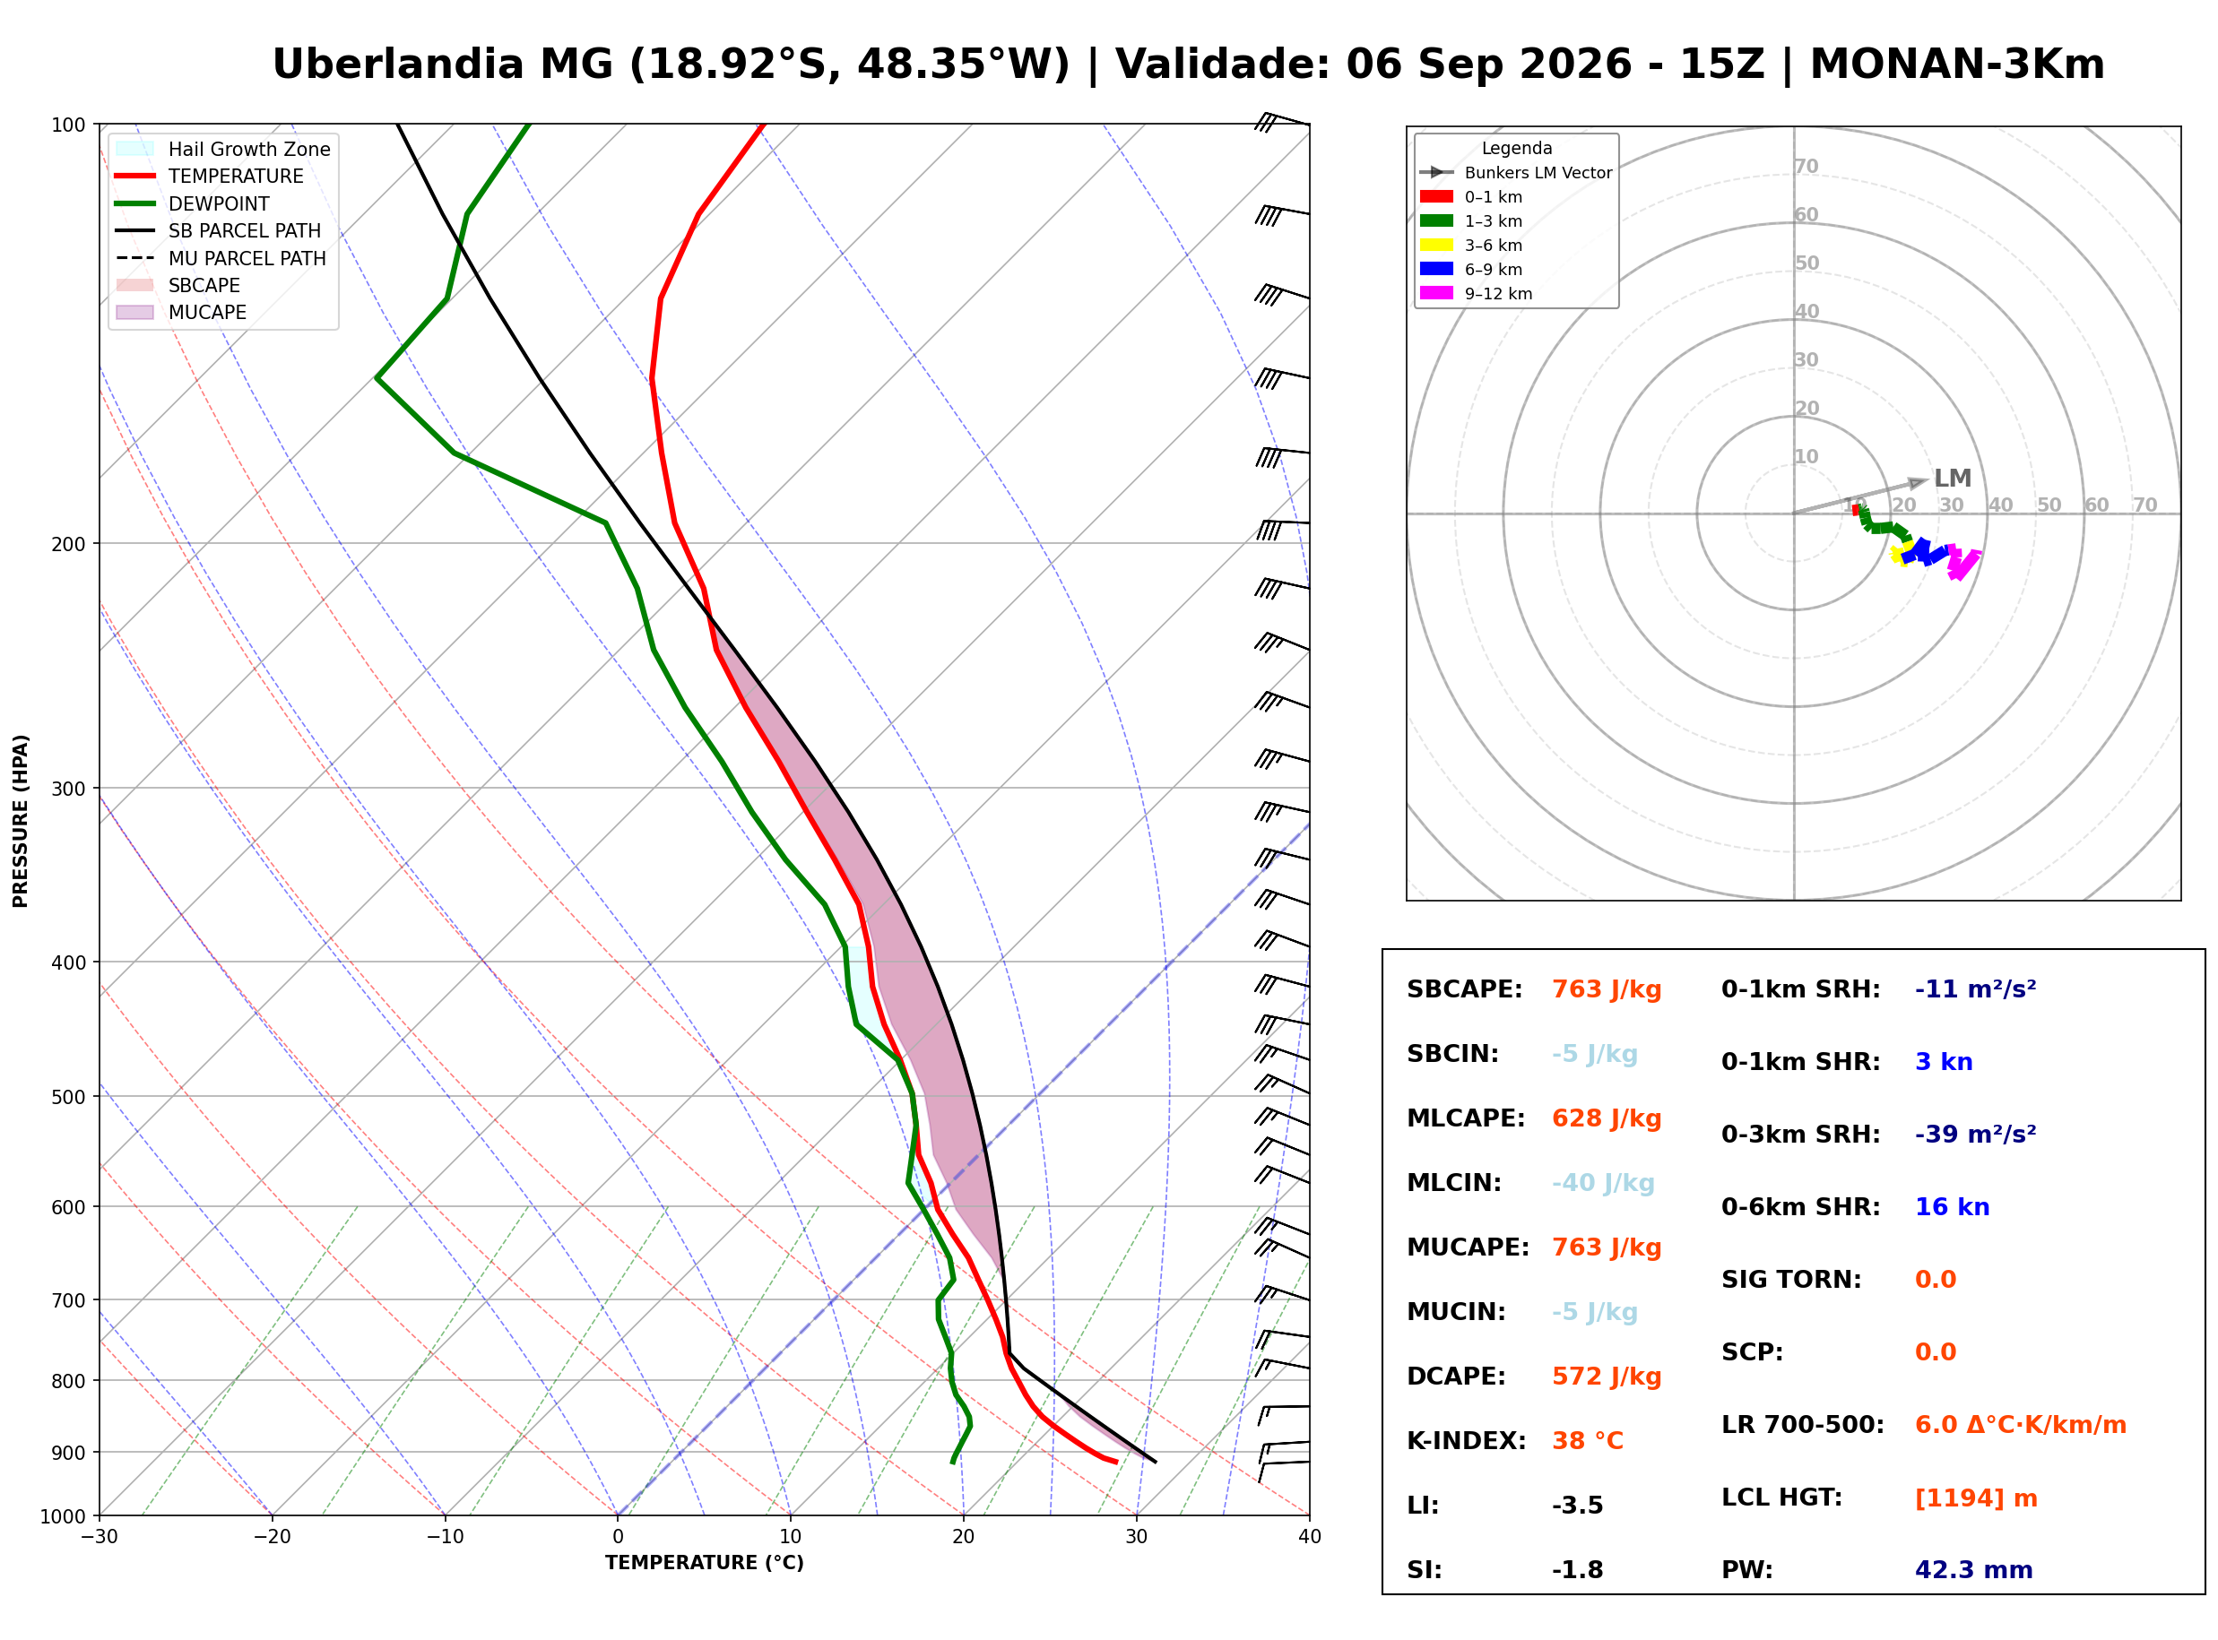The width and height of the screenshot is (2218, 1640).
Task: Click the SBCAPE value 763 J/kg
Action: tap(1607, 989)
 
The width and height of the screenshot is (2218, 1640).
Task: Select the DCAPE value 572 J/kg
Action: tap(1607, 1377)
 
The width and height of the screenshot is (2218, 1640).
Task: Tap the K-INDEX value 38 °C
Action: tap(1588, 1441)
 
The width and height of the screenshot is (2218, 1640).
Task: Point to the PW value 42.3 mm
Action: tap(1974, 1570)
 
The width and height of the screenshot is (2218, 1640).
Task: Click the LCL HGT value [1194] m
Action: tap(1976, 1498)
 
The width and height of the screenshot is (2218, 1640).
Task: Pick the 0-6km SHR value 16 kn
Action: tap(1952, 1207)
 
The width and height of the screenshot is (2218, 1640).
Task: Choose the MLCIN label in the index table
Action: tap(1453, 1183)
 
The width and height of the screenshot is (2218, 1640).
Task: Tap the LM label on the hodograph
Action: tap(1952, 479)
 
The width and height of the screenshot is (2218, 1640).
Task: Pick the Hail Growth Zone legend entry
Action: tap(223, 149)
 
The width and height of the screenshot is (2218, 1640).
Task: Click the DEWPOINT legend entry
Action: tap(193, 203)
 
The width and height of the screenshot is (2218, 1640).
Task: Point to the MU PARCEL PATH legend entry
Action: tap(221, 258)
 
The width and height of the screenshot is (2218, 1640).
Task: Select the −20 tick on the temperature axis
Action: tap(272, 1537)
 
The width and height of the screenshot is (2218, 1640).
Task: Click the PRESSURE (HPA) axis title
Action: tap(21, 821)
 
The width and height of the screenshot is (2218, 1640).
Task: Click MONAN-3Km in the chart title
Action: tap(1957, 65)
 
